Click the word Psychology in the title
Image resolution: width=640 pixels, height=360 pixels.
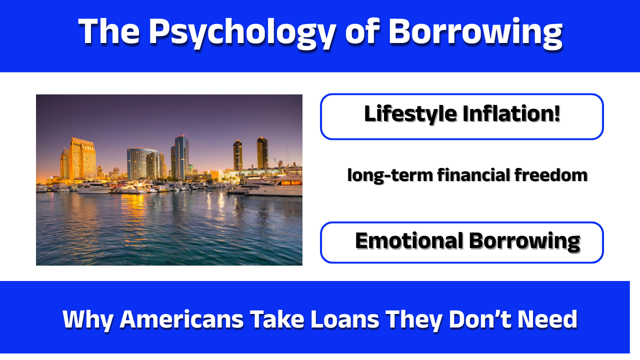tap(240, 32)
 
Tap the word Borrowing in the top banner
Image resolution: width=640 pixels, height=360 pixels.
tap(475, 32)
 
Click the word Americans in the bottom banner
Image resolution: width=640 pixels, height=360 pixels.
tap(182, 319)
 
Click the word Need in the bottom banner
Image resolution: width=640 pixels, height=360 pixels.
tap(549, 319)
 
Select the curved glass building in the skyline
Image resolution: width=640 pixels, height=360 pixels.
tap(142, 164)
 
